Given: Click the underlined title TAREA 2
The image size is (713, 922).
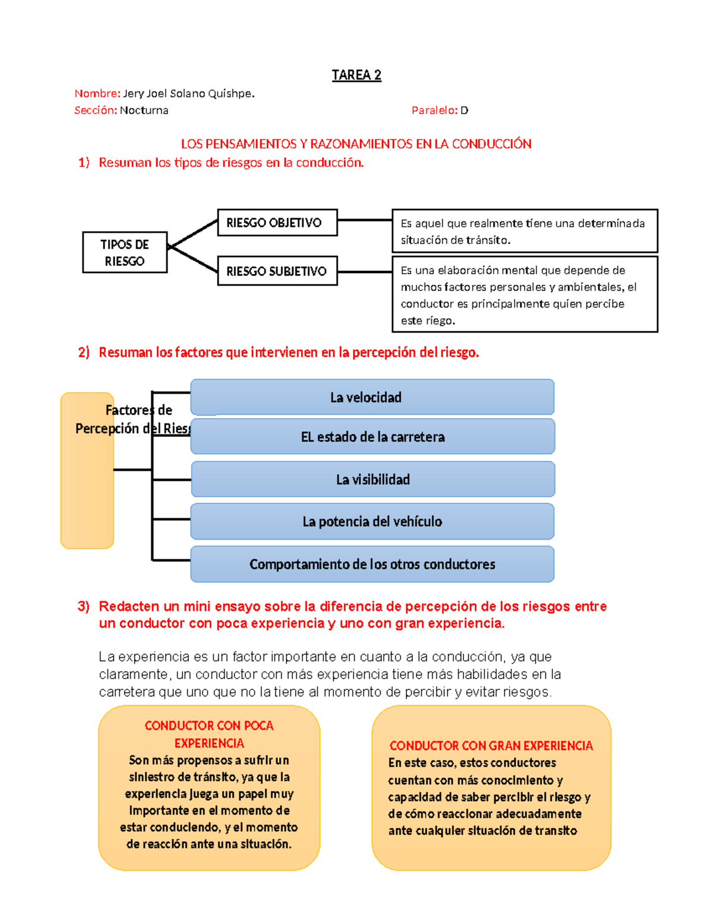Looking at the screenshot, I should [356, 75].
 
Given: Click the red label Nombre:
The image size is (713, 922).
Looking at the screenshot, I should [97, 93].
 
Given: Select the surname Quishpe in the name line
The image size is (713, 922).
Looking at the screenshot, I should [231, 93].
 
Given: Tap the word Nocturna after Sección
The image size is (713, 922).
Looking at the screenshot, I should [144, 110].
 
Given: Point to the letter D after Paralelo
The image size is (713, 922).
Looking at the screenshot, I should [464, 110].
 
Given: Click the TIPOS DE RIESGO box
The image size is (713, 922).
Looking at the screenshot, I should [125, 252].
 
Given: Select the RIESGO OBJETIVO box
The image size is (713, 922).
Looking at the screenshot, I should [277, 223].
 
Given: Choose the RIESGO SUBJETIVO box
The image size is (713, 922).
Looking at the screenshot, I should [277, 271].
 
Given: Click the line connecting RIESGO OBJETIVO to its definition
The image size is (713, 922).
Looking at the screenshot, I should [364, 220].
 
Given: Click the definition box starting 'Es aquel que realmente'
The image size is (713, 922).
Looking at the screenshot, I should [524, 231].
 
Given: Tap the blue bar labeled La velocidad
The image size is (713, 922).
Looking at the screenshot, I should [373, 397].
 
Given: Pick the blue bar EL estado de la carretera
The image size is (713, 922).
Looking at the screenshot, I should [373, 437].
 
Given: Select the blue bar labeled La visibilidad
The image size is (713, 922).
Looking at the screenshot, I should [373, 479].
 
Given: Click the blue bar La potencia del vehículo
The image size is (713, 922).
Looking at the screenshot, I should [373, 521].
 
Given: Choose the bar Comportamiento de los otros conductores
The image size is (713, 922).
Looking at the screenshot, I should [373, 564].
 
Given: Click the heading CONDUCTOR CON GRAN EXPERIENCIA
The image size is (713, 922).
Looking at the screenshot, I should [491, 746].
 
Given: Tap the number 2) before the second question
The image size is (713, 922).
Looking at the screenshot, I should [84, 353].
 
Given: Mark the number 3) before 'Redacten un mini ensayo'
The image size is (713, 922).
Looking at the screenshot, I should [84, 606].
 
